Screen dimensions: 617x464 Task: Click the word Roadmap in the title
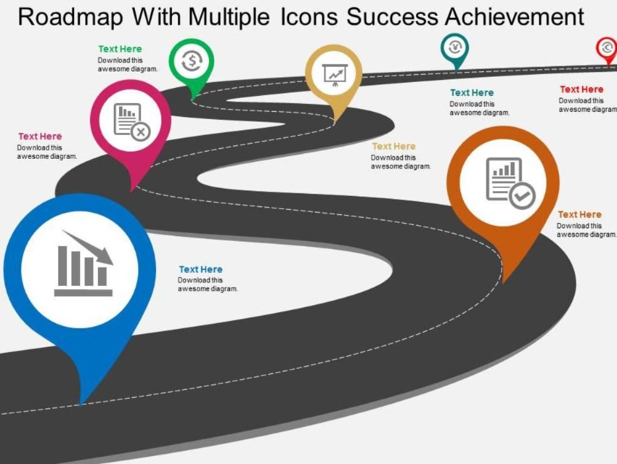(x=71, y=17)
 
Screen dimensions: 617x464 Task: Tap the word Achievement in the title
(x=514, y=17)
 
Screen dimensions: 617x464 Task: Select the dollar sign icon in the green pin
(x=192, y=61)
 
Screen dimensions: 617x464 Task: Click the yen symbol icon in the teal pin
(x=455, y=48)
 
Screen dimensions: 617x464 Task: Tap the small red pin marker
(x=607, y=50)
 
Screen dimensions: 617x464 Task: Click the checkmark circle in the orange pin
(x=522, y=195)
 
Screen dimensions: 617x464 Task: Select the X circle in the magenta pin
(x=140, y=131)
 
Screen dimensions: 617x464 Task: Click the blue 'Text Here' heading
(x=200, y=269)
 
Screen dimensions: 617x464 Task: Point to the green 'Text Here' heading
(x=120, y=49)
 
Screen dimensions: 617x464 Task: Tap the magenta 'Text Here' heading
(x=40, y=136)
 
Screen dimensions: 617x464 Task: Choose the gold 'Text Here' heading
(x=394, y=146)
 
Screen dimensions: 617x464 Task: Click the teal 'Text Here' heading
(x=472, y=93)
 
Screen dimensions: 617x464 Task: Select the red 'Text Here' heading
(x=581, y=89)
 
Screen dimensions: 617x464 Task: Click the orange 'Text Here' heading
(x=579, y=214)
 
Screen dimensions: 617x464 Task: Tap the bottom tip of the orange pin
(x=504, y=283)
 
